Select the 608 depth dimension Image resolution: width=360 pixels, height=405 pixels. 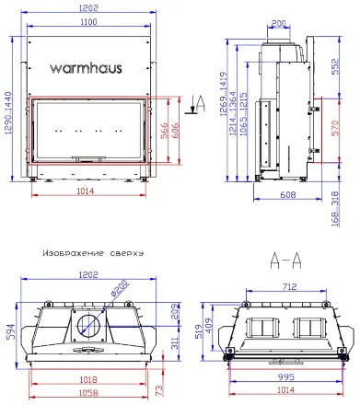(x=286, y=195)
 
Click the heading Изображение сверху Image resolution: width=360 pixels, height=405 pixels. (x=86, y=251)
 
